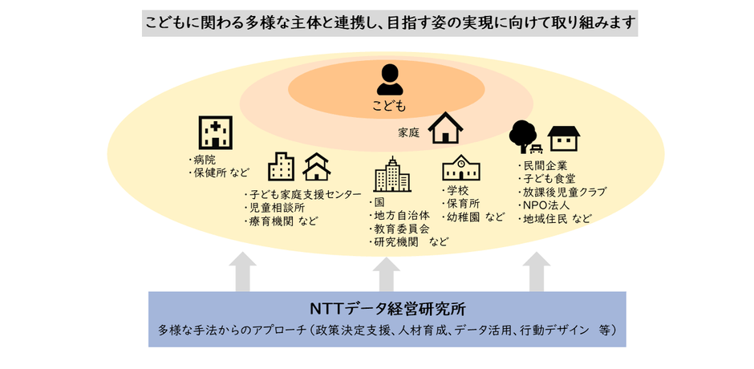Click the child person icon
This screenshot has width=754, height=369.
click(x=390, y=79)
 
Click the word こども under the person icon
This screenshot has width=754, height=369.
click(x=389, y=105)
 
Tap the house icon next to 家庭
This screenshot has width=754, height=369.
click(x=445, y=128)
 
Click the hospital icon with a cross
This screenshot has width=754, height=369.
click(x=214, y=132)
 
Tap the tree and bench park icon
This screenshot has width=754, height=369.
click(x=525, y=136)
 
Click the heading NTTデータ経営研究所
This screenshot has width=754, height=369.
click(x=387, y=309)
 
